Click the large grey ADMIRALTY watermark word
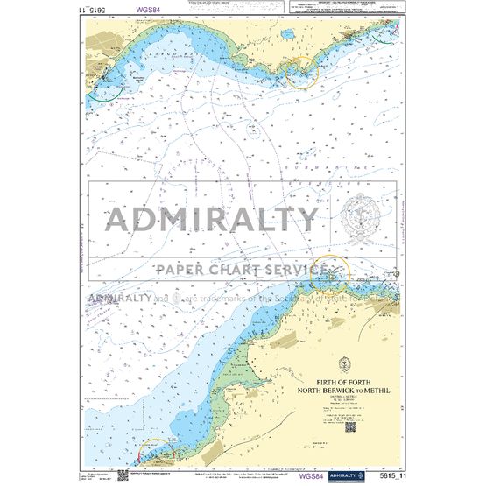[213, 220]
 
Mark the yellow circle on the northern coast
[302, 71]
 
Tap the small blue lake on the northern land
[287, 36]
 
